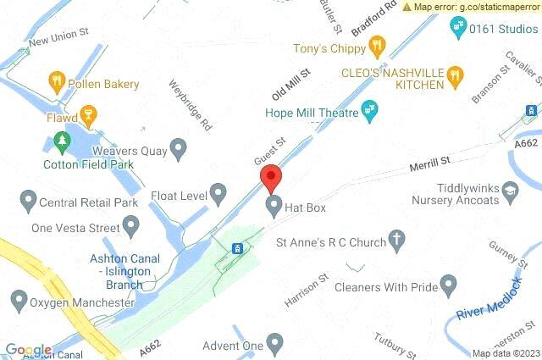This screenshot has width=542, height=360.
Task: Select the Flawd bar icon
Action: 86,116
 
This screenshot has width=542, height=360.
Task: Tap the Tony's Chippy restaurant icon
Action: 378,44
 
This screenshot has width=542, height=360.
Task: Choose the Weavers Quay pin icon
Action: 178,151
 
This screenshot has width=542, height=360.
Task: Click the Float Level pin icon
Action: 218,194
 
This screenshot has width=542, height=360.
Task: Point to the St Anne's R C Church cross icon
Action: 395,241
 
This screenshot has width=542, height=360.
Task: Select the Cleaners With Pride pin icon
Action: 450,286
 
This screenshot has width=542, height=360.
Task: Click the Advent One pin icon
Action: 274,344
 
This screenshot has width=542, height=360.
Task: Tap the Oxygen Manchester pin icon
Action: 18,300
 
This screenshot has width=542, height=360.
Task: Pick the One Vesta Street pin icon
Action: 130,226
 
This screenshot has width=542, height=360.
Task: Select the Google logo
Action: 29,350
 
